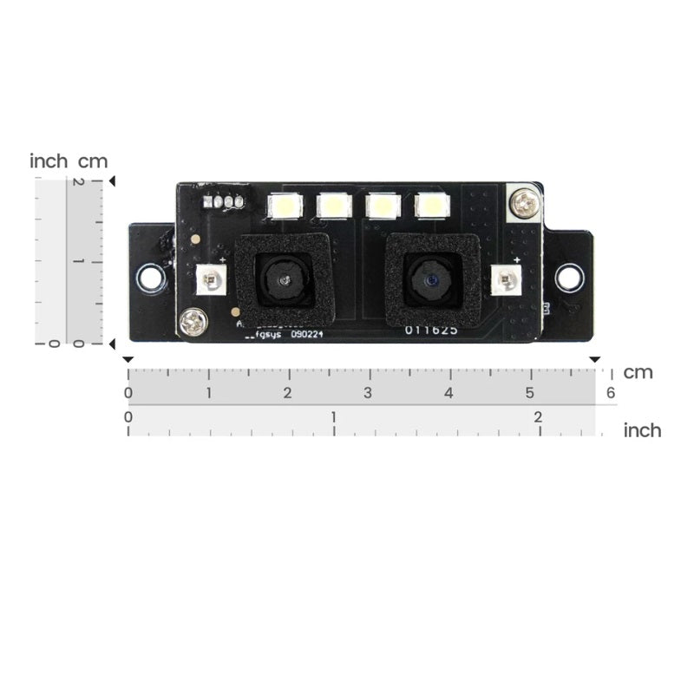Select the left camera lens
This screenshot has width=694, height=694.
284,281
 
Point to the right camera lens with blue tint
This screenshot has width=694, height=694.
429,280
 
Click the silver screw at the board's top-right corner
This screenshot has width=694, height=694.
524,203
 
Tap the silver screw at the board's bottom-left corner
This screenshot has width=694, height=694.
191,324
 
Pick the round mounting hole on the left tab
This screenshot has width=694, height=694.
151,278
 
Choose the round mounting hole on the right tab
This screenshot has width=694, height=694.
568,278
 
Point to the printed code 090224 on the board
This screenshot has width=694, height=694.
308,334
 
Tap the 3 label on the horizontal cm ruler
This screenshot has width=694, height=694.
368,393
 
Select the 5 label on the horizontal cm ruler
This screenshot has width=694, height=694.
529,393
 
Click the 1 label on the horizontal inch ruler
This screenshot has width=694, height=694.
334,417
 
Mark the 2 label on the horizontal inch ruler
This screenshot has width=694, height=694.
538,417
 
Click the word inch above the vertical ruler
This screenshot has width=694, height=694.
49,161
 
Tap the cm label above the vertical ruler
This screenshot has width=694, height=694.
93,161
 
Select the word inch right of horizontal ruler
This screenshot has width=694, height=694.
642,430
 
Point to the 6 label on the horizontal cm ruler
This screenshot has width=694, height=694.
611,393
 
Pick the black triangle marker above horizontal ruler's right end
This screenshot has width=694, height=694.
595,359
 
